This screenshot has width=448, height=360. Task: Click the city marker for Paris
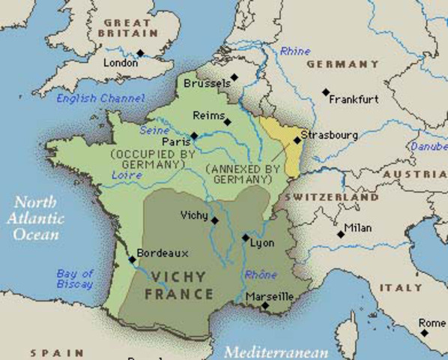tap(194, 136)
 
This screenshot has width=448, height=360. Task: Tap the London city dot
tap(140, 52)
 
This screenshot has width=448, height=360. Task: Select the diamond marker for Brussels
tap(234, 76)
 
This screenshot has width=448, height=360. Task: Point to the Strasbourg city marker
tap(297, 139)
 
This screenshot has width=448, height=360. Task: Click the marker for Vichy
tap(215, 220)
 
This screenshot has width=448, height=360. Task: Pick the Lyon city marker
tap(246, 238)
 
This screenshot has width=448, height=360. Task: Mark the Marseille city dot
tap(264, 305)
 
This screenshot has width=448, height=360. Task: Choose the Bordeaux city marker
tap(133, 260)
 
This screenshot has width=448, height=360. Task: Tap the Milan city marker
tap(341, 235)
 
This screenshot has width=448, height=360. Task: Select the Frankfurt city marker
tap(326, 92)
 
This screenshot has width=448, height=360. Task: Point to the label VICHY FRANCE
tap(182, 285)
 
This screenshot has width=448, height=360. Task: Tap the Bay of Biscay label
tap(75, 279)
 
